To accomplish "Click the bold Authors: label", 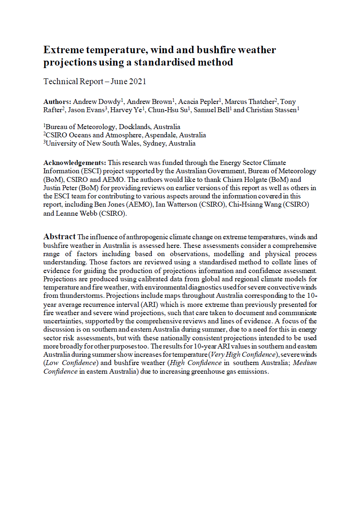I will [x=57, y=101].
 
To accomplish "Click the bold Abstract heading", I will [x=59, y=237].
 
